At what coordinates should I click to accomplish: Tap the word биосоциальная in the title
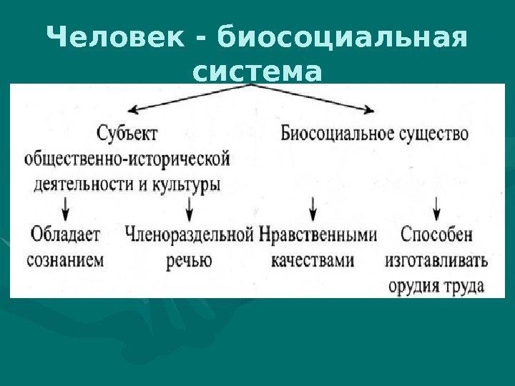[344, 37]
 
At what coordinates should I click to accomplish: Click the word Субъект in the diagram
[126, 134]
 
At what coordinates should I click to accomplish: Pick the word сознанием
[65, 259]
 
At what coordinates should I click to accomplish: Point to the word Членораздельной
[190, 234]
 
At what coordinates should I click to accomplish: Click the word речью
[189, 260]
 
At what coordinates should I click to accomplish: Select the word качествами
[313, 259]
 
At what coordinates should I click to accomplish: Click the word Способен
[436, 234]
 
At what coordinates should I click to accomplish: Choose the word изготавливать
[436, 260]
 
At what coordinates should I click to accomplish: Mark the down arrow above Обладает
[67, 208]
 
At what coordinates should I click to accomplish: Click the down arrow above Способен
[437, 208]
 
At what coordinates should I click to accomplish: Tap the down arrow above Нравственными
[313, 208]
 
